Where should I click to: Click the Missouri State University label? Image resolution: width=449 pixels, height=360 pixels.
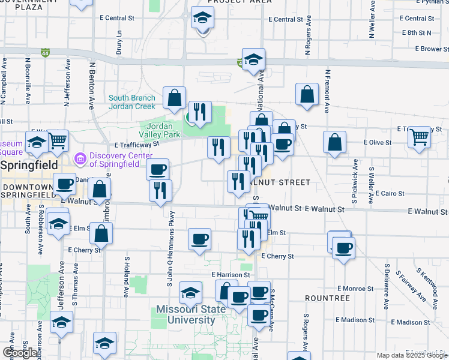185,314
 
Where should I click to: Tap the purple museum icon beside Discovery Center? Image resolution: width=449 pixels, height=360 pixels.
79,158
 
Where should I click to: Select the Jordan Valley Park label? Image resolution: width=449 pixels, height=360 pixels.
160,131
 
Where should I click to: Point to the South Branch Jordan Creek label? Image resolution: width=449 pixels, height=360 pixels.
132,102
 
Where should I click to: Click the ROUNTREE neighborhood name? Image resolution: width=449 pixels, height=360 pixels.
327,298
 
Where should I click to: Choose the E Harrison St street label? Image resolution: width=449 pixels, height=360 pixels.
230,275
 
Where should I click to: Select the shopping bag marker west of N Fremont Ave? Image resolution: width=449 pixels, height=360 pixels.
307,94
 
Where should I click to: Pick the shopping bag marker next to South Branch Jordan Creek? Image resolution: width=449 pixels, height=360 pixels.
173,98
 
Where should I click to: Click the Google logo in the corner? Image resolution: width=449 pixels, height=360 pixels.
20,353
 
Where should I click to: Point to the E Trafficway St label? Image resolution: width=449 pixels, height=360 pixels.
136,145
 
